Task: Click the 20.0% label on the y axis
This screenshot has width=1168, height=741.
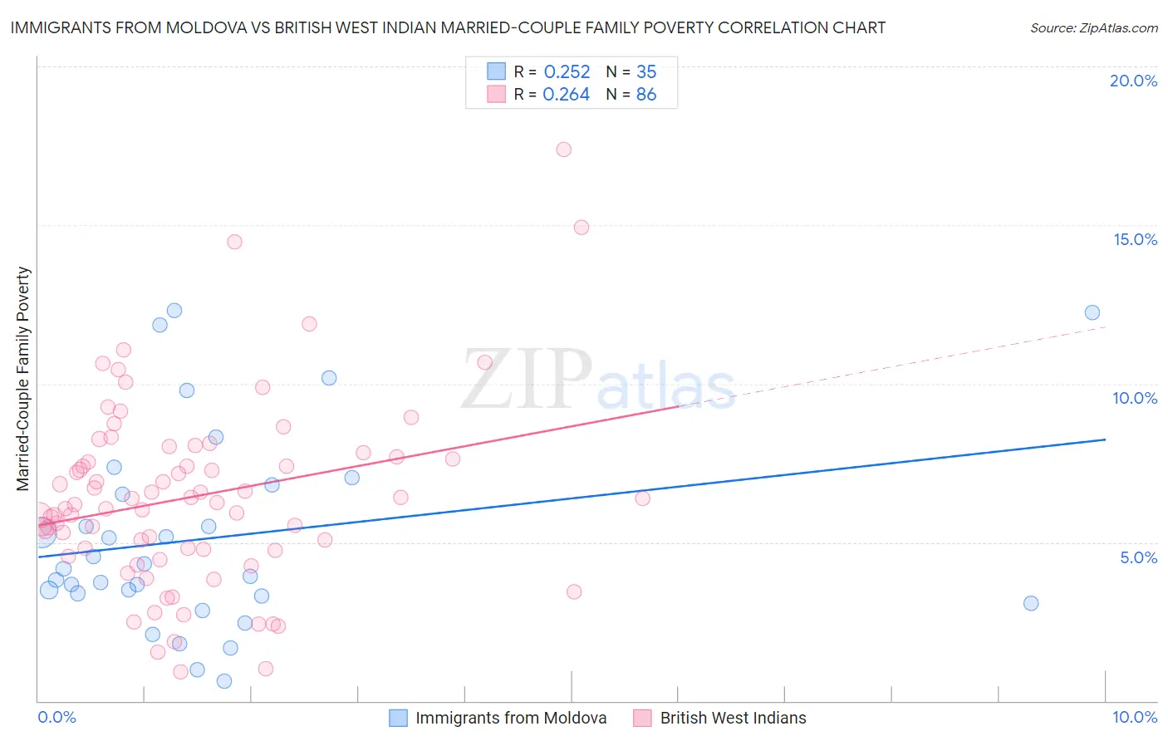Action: click(x=1133, y=81)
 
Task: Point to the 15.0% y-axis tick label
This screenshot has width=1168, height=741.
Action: click(x=1135, y=239)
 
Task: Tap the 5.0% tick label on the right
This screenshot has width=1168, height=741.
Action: click(x=1138, y=557)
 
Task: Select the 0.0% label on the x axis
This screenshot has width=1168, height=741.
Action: click(x=56, y=717)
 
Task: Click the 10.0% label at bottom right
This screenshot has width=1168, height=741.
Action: click(x=1134, y=717)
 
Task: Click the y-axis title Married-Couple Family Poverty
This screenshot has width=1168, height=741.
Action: click(x=23, y=379)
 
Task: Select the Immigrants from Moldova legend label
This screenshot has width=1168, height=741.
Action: click(x=511, y=718)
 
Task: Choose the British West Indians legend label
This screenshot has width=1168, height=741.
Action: click(x=733, y=718)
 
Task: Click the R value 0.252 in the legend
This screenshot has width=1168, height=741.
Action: click(x=567, y=71)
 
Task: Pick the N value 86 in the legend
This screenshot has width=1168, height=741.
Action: click(x=646, y=95)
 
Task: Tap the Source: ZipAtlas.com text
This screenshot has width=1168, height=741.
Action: click(x=1093, y=27)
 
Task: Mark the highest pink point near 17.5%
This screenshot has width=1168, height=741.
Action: click(x=563, y=150)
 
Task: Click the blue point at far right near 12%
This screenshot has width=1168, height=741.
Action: click(x=1092, y=312)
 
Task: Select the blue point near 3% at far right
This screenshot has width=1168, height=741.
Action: click(x=1031, y=603)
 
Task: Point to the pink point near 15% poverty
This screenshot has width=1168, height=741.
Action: click(x=582, y=228)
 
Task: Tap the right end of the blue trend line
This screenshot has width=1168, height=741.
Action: click(x=1105, y=439)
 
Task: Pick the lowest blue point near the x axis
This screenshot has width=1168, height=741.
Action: click(x=224, y=681)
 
